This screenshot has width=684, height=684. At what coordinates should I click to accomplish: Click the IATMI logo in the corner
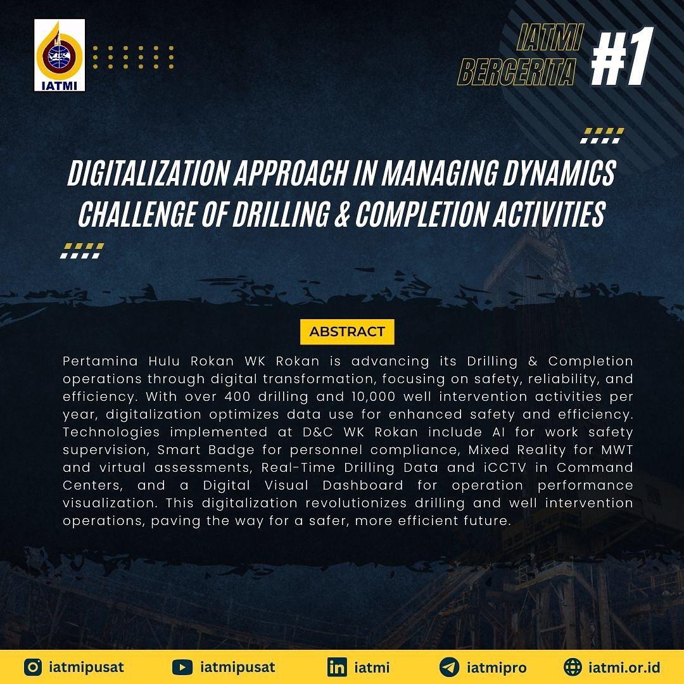point(60,55)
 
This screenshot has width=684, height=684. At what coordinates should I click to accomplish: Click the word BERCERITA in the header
point(517,72)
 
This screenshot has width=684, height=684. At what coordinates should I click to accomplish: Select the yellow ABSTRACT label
point(347,331)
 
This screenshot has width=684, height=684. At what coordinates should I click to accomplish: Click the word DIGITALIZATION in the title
point(149,173)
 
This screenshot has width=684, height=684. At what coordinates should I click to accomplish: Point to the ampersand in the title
point(343,214)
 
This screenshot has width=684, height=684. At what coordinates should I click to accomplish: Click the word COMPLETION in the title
point(421,214)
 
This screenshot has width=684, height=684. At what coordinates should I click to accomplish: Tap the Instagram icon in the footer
point(33,667)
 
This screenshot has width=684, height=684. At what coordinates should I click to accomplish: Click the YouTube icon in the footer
point(182,667)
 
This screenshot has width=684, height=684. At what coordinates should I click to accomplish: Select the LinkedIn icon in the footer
point(337,667)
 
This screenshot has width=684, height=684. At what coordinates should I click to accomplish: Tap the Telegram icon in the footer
point(449,667)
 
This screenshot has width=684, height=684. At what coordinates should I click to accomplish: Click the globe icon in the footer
point(573,667)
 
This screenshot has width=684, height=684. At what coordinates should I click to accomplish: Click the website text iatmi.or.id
point(624,667)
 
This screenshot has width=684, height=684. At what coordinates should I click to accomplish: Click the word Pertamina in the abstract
point(100,361)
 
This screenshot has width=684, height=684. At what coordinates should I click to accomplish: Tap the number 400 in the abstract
point(237,396)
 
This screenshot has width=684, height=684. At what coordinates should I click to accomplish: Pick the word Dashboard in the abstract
point(364,485)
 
